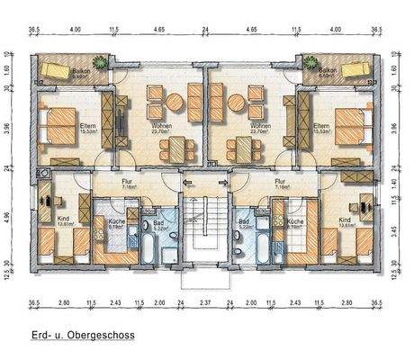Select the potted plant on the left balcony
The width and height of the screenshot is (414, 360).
(x=105, y=63)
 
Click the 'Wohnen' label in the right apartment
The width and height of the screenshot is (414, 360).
(x=261, y=126)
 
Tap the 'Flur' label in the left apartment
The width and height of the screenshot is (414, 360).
(x=128, y=181)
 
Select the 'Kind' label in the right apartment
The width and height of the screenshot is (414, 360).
(x=346, y=219)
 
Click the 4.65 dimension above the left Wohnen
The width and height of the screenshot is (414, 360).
(x=157, y=30)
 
